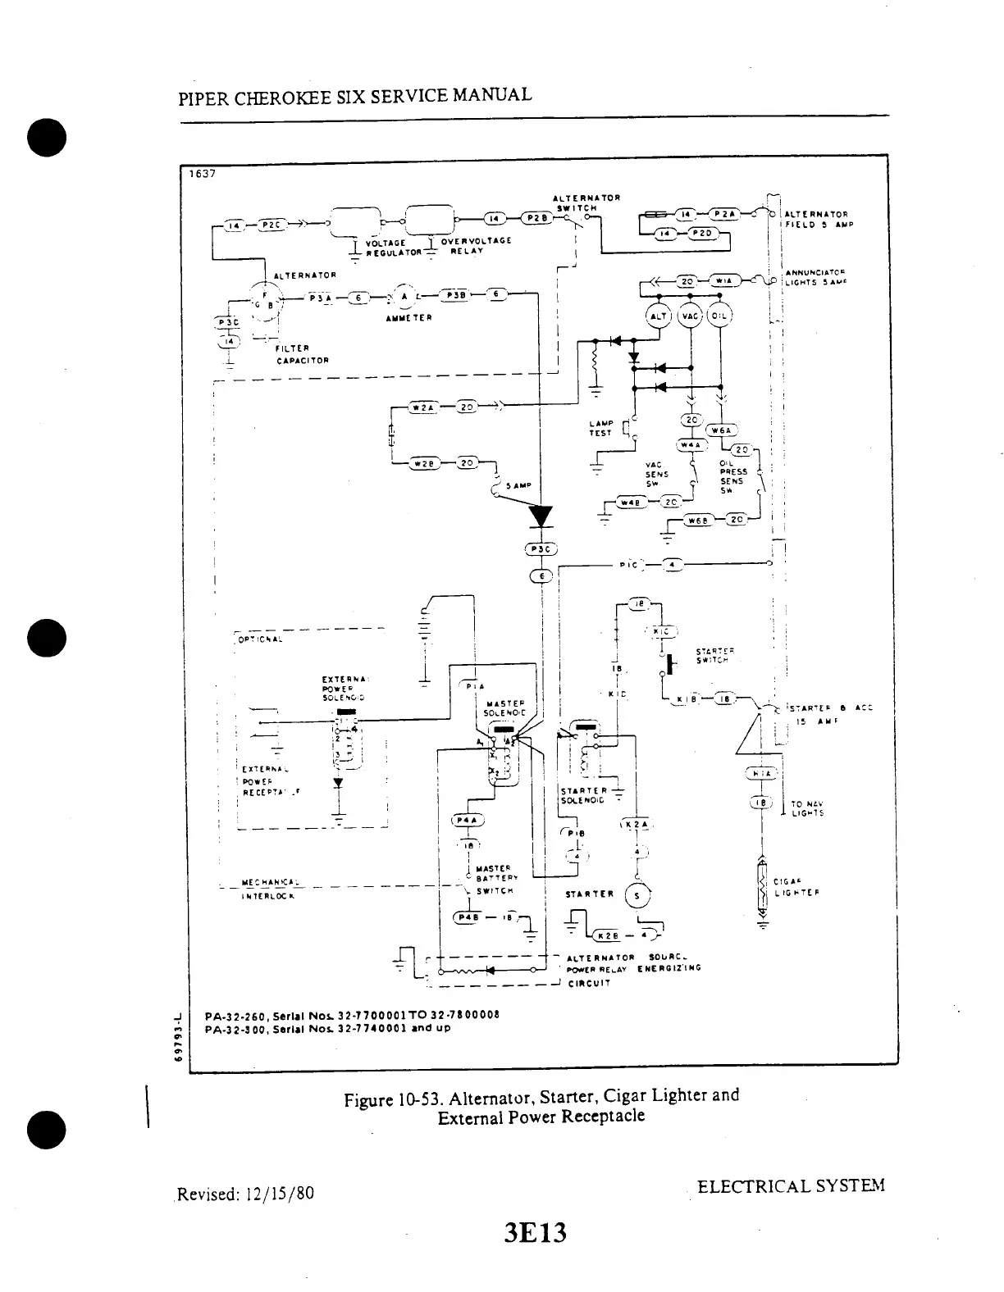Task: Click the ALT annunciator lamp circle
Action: [659, 317]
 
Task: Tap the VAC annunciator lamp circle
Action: [691, 317]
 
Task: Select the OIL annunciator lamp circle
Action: [720, 317]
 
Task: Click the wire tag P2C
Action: [271, 225]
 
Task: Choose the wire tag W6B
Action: [699, 520]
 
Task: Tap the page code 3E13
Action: [537, 1232]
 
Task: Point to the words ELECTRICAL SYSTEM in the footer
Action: [790, 1186]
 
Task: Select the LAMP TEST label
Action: [600, 428]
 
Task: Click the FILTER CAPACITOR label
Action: [303, 353]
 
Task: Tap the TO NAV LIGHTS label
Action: [807, 808]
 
